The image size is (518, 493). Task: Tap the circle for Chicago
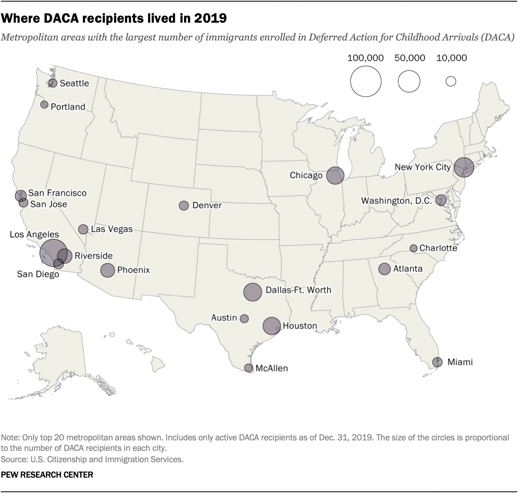335,175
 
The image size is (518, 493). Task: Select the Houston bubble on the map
272,325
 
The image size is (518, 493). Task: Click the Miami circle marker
437,362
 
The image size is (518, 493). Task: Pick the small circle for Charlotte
413,248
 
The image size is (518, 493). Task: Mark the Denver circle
184,205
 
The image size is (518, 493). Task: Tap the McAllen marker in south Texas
248,368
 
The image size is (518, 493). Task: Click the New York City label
422,167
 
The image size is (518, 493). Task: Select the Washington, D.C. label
397,201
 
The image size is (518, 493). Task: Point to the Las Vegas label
112,229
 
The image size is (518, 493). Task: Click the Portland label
68,107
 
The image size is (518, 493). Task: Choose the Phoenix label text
134,270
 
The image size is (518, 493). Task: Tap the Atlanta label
408,269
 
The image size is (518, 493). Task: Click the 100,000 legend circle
366,81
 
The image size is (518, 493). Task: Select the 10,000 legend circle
451,81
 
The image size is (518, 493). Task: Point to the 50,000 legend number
410,58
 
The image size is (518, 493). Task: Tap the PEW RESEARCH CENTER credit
47,475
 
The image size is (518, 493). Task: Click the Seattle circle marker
53,83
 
